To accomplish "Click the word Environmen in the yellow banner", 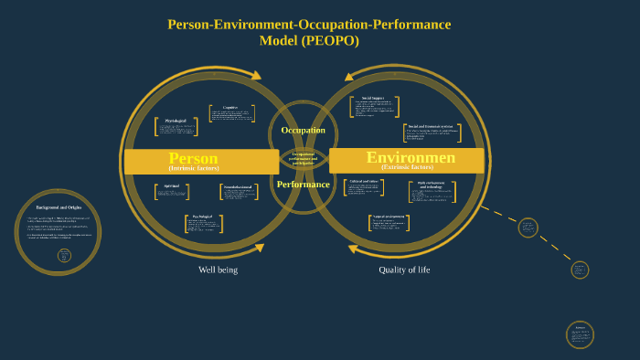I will coord(411,157).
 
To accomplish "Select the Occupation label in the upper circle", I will coord(303,131).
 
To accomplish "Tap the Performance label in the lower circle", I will coord(303,184).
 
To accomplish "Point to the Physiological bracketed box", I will coord(176,127).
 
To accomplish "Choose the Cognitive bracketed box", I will coord(235,113).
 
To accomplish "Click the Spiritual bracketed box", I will coord(172,192).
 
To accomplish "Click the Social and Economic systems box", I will coord(432,132).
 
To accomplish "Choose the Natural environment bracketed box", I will coord(389,222).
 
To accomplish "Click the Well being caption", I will coord(218,270).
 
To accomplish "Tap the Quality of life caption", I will coord(404,270).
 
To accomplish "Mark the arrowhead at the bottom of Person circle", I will coord(259,248).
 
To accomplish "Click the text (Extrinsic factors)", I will coord(408,168).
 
